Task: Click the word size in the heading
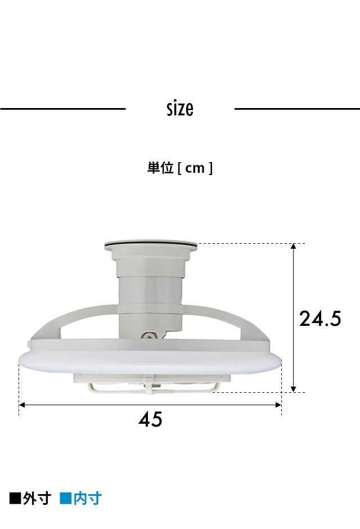[x=180, y=109]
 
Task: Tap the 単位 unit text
[x=160, y=168]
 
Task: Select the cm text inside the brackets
[x=195, y=168]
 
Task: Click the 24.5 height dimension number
[x=320, y=319]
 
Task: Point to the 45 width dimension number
[x=150, y=419]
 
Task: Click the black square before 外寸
[x=15, y=498]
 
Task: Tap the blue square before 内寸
[x=65, y=498]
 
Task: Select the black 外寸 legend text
[x=37, y=498]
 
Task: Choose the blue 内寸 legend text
[x=87, y=498]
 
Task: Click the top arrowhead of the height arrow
[x=293, y=246]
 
